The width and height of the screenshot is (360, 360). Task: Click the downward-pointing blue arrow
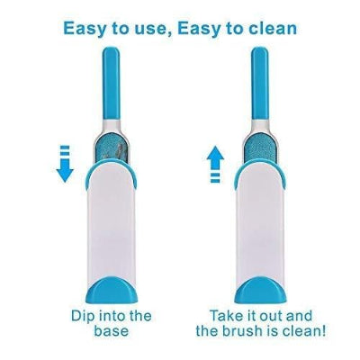click(x=65, y=164)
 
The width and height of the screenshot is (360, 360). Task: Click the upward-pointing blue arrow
click(x=215, y=164)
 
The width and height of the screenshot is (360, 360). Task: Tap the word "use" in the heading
click(x=155, y=29)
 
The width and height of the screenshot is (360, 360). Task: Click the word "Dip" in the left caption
click(x=83, y=316)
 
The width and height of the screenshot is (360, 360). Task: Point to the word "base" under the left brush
click(x=112, y=331)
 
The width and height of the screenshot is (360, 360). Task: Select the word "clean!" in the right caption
click(x=304, y=331)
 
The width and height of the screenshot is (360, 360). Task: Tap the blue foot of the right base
click(x=260, y=290)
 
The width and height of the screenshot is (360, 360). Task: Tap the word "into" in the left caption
click(x=114, y=316)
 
